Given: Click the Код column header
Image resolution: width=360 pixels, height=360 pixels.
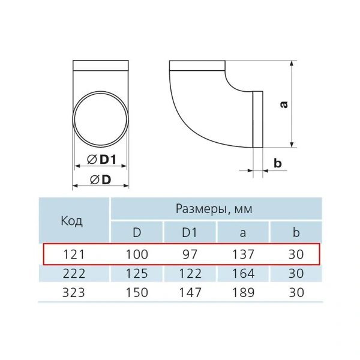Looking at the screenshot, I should pyautogui.click(x=72, y=220).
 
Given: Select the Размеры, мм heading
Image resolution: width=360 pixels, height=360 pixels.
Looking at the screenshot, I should pyautogui.click(x=214, y=209).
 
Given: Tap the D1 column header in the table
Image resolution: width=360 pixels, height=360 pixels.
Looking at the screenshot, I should pyautogui.click(x=189, y=232).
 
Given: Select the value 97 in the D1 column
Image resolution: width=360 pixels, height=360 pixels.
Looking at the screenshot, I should pyautogui.click(x=189, y=254).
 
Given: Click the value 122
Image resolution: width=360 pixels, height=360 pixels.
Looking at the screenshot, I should pyautogui.click(x=189, y=274).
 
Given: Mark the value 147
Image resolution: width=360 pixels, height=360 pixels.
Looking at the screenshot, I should pyautogui.click(x=189, y=294).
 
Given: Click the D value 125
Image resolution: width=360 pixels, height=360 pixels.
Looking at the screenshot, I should pyautogui.click(x=137, y=274).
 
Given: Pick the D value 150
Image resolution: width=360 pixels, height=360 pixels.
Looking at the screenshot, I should pyautogui.click(x=137, y=294).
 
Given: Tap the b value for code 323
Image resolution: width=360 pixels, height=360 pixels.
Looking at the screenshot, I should pyautogui.click(x=296, y=294).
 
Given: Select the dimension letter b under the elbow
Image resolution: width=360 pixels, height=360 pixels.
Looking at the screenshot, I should pyautogui.click(x=277, y=163).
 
